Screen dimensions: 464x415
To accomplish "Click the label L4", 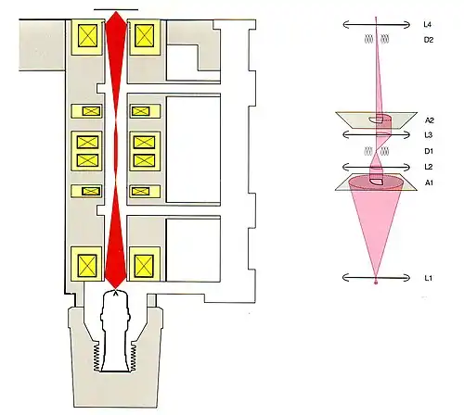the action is tap(427, 24).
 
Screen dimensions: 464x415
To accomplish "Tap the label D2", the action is tap(429, 40).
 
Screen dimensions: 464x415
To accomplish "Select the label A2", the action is tap(430, 120).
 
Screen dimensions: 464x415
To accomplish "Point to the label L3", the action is tap(429, 135).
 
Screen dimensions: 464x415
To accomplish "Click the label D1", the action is tap(429, 151).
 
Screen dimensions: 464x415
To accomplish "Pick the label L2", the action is tap(429, 167).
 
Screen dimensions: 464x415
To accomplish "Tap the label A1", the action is tap(429, 182).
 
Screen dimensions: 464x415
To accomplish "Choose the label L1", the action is tap(428, 278).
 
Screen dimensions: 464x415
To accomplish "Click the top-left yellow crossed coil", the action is tap(87, 36).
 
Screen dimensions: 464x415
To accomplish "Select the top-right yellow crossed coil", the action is tap(145, 36).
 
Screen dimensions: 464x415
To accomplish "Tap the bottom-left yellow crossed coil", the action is tap(87, 266).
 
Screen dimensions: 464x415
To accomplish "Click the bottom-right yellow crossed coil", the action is tap(144, 266).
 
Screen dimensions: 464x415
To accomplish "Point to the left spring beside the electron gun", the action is tap(97, 358).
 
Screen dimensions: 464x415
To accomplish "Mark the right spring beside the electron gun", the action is tap(134, 358).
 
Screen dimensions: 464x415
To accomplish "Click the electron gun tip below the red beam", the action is tap(116, 294).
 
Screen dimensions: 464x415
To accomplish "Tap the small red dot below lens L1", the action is tap(376, 283).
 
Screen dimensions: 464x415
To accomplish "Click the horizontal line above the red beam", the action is tap(116, 9).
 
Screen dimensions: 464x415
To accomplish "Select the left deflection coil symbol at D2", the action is tap(368, 39).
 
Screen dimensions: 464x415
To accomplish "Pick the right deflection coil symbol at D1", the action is tap(384, 151).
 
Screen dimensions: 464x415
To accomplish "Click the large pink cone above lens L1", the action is tap(376, 222).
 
